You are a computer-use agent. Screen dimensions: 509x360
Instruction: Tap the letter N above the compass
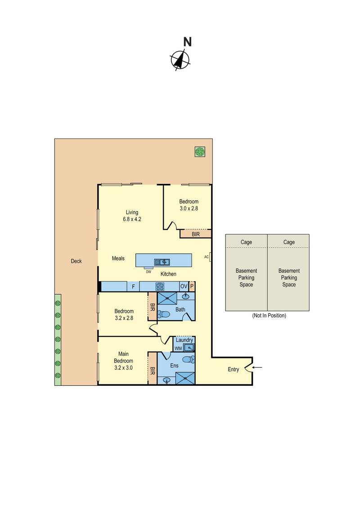click(187, 42)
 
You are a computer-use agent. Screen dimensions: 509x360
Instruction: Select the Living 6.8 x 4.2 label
click(132, 216)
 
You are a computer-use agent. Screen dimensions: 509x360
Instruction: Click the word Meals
click(118, 259)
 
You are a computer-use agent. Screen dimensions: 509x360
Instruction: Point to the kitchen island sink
click(162, 262)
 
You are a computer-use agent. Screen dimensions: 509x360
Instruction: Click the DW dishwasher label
click(148, 271)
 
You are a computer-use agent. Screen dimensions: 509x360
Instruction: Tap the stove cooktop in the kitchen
click(160, 286)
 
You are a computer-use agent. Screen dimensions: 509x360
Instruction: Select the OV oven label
click(183, 286)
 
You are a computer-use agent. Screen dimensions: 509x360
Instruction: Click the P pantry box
click(192, 286)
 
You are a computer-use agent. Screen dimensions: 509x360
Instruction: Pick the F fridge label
click(133, 286)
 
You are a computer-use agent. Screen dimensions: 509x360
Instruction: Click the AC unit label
click(207, 257)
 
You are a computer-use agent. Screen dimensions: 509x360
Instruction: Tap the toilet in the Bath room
click(165, 314)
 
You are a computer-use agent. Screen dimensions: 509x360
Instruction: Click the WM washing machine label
click(178, 348)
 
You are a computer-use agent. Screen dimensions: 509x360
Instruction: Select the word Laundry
click(184, 340)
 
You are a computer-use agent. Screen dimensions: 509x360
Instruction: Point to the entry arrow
click(260, 368)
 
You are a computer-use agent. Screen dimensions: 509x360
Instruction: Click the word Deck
click(76, 261)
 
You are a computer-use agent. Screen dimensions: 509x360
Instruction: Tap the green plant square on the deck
click(200, 152)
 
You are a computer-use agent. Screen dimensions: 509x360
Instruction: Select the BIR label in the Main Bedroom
click(153, 371)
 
